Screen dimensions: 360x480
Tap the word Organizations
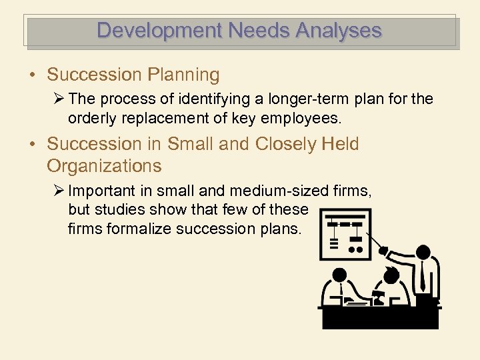point(104,165)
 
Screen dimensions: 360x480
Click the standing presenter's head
point(423,252)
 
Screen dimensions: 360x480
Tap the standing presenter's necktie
point(423,275)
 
